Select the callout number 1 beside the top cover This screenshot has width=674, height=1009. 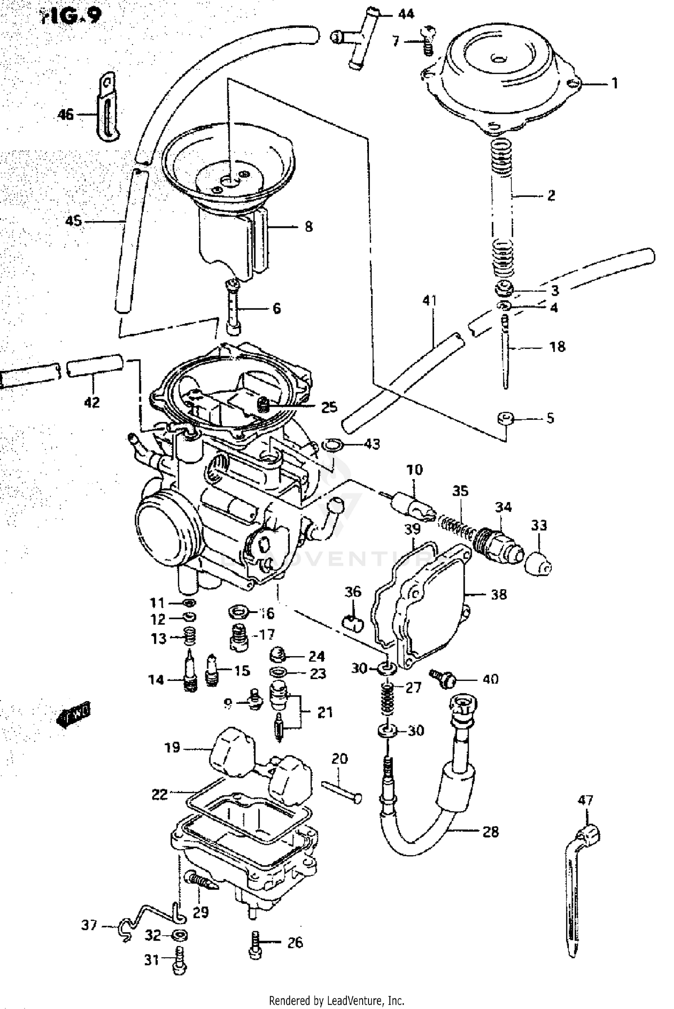tap(615, 83)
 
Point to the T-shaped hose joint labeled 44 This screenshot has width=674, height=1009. tap(359, 38)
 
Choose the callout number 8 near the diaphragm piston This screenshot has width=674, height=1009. tap(308, 227)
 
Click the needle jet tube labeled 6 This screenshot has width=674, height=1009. tap(233, 308)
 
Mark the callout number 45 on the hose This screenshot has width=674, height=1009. tap(73, 221)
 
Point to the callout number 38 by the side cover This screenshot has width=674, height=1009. tap(499, 594)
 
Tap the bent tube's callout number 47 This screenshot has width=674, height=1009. tap(585, 800)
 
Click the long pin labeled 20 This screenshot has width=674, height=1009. tap(341, 793)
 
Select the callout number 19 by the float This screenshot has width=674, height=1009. tap(173, 747)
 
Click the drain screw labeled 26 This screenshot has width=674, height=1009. tap(255, 945)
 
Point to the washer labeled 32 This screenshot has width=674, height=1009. tap(180, 936)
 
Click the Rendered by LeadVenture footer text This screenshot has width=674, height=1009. tap(337, 1001)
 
